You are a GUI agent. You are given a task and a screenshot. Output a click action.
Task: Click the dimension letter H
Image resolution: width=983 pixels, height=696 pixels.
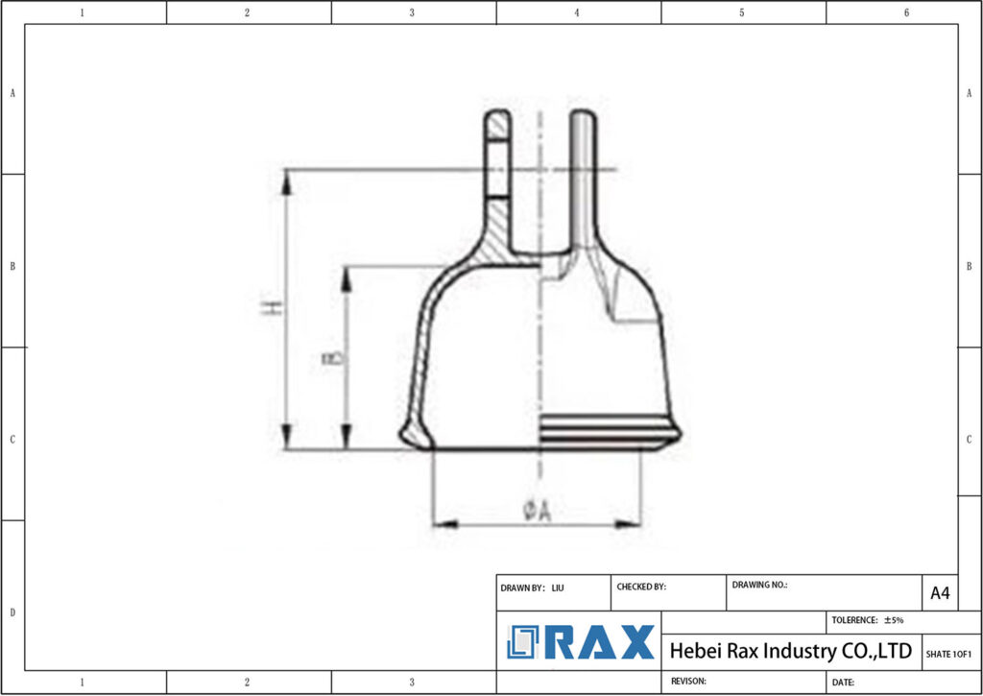pos(273,308)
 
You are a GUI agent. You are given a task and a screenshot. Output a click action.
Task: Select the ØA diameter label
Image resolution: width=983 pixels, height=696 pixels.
pos(538,512)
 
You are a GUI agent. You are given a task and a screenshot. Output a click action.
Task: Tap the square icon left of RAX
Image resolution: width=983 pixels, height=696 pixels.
pos(524,642)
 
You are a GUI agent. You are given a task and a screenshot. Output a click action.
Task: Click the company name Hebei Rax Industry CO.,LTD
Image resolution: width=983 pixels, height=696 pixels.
pos(790,652)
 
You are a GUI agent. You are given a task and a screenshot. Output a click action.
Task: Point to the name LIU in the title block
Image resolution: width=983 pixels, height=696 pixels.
pos(558,587)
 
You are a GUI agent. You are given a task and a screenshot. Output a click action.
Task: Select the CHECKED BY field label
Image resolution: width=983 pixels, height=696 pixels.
pos(641,586)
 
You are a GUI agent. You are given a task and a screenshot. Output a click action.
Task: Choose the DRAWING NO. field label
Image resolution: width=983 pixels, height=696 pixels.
pos(759,584)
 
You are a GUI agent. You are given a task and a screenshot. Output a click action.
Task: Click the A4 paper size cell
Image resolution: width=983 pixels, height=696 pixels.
pos(940,593)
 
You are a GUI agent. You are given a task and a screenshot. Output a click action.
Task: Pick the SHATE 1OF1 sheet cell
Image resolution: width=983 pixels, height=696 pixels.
pos(948,654)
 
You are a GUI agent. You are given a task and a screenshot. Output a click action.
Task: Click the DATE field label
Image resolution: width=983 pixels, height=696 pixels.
pos(844,682)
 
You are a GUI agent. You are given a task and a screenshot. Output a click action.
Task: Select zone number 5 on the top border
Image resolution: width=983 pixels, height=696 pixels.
pos(742,12)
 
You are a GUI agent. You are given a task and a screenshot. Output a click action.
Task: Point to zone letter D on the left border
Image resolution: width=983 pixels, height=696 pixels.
pos(12,612)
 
